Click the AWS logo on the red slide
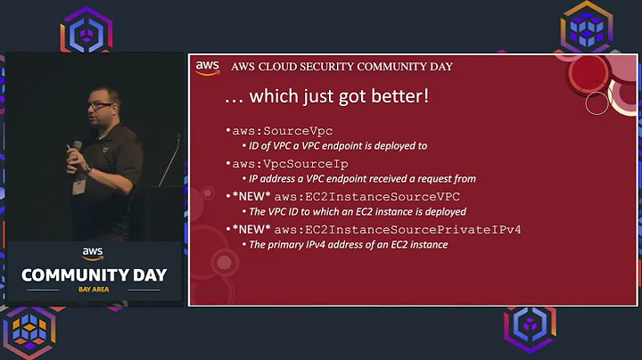click(207, 67)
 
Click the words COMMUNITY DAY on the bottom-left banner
click(94, 274)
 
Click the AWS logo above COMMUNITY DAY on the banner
click(94, 255)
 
